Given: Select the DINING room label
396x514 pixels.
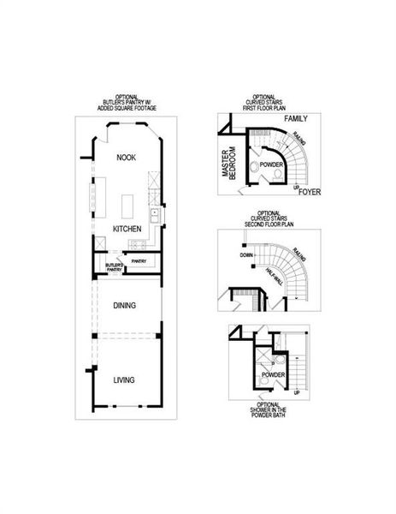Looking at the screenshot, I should pyautogui.click(x=125, y=305).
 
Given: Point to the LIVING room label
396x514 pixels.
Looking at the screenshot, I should pyautogui.click(x=125, y=379).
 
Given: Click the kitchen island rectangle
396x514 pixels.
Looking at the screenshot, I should pyautogui.click(x=129, y=206).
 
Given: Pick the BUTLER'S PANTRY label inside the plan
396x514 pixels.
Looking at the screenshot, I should pyautogui.click(x=114, y=267).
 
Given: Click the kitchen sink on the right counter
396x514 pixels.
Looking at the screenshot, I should pyautogui.click(x=152, y=214).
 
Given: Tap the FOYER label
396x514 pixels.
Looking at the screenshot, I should pyautogui.click(x=310, y=192).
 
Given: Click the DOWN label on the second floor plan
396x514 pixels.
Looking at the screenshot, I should pyautogui.click(x=246, y=256).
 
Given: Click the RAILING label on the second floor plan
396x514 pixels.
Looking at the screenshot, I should pyautogui.click(x=298, y=253).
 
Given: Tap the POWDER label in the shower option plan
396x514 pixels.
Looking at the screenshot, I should pyautogui.click(x=274, y=375).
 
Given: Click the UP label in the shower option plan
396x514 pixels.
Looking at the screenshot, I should pyautogui.click(x=296, y=391).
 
